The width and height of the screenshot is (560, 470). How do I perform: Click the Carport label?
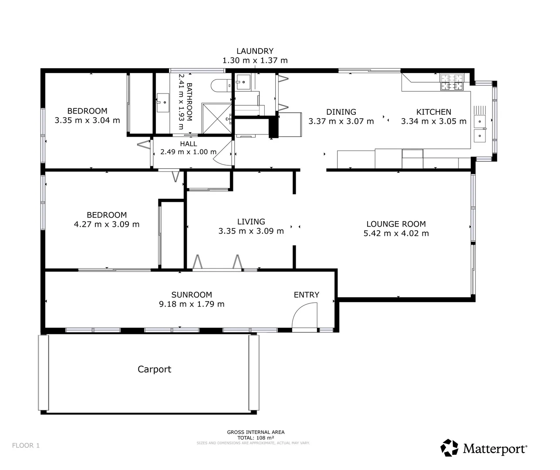[154, 369]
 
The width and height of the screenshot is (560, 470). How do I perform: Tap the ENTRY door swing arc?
[303, 316]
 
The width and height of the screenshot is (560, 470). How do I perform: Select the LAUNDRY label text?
[255, 51]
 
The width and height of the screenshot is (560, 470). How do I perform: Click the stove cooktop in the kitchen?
[452, 82]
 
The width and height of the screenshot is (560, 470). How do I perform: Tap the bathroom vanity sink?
[163, 103]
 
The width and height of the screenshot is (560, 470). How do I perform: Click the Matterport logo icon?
[449, 448]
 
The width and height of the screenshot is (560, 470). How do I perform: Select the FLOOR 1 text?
[26, 446]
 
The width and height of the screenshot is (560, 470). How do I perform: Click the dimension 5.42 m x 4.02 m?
[396, 234]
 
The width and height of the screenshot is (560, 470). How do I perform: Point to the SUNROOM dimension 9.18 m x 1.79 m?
[192, 304]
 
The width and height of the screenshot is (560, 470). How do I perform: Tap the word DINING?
[341, 112]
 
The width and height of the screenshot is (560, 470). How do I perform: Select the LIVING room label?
[251, 222]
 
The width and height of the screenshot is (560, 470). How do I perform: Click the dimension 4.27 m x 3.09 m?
[107, 225]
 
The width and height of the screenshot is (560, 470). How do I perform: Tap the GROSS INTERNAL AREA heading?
[256, 432]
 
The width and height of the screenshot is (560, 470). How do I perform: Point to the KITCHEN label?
[433, 112]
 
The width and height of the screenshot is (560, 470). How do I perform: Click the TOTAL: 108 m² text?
[256, 438]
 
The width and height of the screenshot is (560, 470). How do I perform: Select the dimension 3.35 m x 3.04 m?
[87, 121]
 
